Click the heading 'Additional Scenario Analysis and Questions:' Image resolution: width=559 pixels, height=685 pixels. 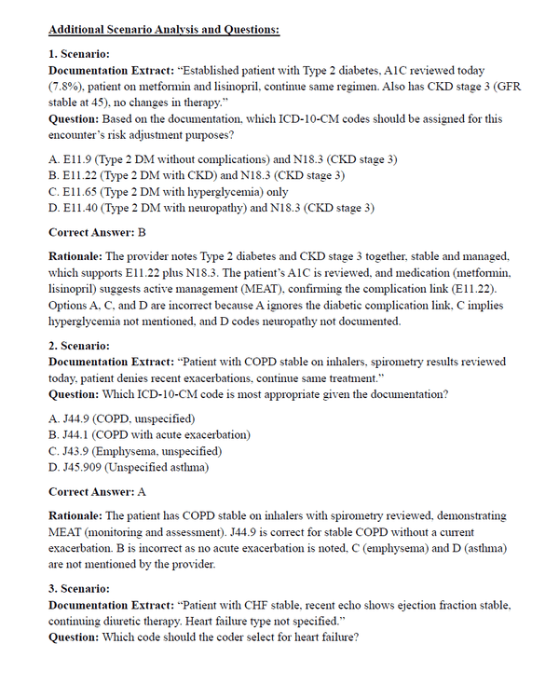(164, 30)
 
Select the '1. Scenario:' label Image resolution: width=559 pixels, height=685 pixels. (79, 55)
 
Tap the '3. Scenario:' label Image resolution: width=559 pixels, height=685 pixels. (79, 589)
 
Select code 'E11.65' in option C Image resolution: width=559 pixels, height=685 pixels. (80, 190)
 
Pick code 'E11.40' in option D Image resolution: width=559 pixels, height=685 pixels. (81, 206)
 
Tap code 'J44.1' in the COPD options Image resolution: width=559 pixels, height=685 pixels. (77, 435)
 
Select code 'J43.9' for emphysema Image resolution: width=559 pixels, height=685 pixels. (77, 451)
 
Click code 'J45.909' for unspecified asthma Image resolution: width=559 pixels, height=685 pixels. (83, 466)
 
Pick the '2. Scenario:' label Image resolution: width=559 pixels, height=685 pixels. (79, 345)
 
